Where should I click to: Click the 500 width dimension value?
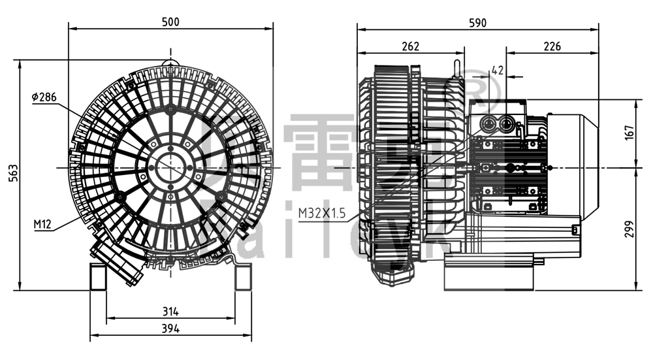(170, 22)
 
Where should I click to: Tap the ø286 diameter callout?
(44, 97)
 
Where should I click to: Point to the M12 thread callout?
(42, 225)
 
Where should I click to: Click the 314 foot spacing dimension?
(170, 311)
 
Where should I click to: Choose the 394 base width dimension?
(170, 328)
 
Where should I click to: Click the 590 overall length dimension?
(477, 22)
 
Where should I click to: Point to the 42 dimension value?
(497, 69)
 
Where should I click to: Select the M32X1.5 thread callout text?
(321, 212)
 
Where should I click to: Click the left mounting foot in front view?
(98, 276)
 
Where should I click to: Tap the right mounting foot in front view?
(243, 276)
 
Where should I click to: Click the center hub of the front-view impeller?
(170, 167)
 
